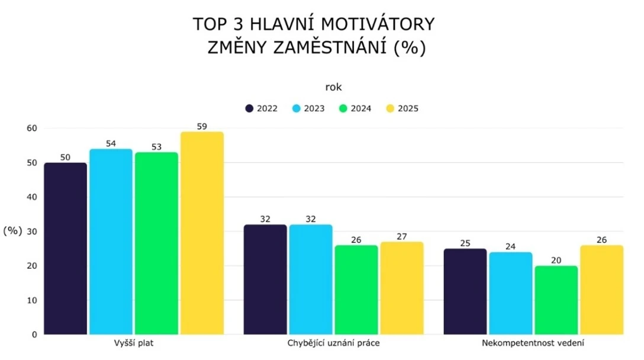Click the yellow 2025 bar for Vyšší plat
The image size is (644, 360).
(202, 233)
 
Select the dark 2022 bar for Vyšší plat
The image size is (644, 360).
(66, 249)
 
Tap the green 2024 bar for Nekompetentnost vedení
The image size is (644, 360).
(556, 300)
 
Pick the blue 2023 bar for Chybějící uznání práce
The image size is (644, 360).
(311, 279)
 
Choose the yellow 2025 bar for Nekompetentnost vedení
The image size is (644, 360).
(601, 290)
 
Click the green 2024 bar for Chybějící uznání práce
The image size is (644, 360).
(356, 290)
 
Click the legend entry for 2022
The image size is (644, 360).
(261, 108)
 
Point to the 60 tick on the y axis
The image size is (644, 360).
(32, 128)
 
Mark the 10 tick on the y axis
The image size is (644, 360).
(32, 300)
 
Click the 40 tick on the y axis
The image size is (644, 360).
(32, 197)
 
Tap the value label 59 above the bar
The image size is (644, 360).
(202, 126)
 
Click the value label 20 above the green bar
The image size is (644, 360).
(556, 259)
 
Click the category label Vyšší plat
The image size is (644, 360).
(133, 343)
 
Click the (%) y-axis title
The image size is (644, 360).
(12, 232)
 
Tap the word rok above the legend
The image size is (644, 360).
(333, 87)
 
